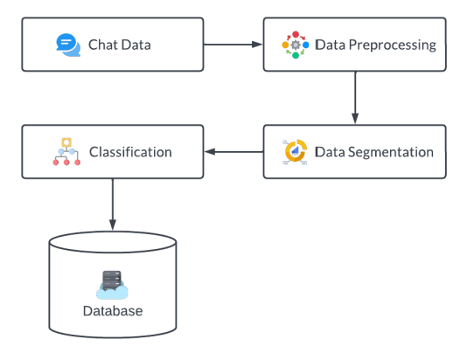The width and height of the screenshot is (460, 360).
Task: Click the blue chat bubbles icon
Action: [x=67, y=45]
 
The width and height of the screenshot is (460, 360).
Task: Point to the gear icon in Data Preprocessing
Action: [x=295, y=45]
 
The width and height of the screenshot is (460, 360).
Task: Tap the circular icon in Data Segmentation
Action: [x=296, y=151]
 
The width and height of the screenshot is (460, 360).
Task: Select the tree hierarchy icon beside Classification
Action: [x=67, y=151]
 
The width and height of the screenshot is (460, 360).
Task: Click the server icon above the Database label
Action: [x=112, y=284]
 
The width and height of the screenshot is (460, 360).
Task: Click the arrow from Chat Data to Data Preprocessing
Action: [x=233, y=44]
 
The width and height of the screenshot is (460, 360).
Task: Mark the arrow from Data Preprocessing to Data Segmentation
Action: [x=355, y=98]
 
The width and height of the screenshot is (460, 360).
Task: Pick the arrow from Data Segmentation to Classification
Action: [x=233, y=152]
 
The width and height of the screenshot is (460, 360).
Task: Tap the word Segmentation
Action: [x=390, y=151]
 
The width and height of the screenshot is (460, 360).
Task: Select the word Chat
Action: [x=103, y=45]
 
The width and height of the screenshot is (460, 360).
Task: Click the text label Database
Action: [x=112, y=311]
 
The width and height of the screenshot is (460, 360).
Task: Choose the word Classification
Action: [x=130, y=151]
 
